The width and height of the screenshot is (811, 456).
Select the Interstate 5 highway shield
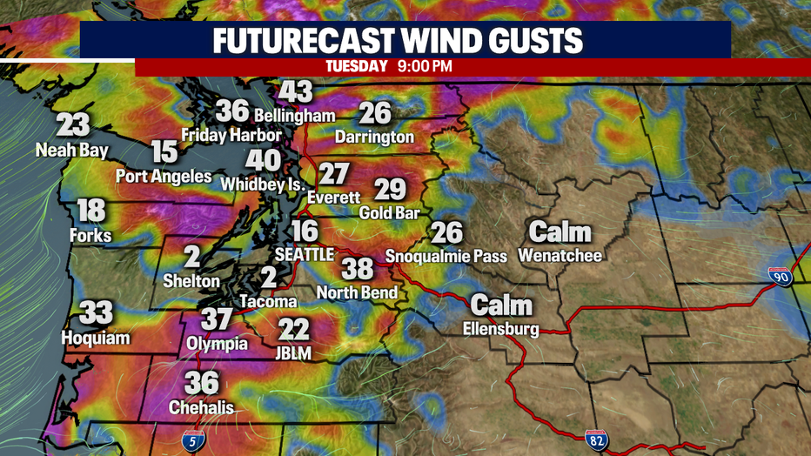[198, 439]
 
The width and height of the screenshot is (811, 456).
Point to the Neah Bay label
[72, 151]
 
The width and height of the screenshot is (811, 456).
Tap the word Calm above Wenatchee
[560, 231]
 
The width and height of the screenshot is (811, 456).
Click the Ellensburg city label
[500, 329]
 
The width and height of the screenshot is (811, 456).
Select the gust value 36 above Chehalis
[201, 383]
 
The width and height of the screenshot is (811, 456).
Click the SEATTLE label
[304, 255]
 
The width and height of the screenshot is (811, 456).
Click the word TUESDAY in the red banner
[356, 66]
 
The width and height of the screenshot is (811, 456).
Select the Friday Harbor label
[231, 135]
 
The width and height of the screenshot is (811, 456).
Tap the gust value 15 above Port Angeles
[164, 152]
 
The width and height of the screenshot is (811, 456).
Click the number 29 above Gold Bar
[390, 189]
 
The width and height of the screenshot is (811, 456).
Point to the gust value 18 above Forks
[91, 211]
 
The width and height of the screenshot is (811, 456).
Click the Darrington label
[375, 137]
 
